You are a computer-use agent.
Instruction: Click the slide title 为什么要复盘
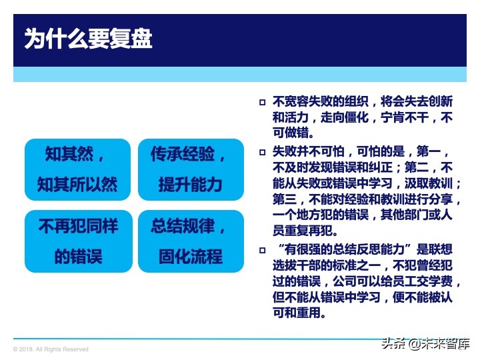pyautogui.click(x=89, y=38)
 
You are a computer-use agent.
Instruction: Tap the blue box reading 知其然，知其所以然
pyautogui.click(x=77, y=169)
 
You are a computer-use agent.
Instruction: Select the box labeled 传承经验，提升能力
pyautogui.click(x=190, y=169)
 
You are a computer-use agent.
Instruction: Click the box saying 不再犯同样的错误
pyautogui.click(x=77, y=241)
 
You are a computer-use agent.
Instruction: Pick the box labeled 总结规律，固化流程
pyautogui.click(x=190, y=241)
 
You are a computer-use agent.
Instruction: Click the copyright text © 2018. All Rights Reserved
pyautogui.click(x=51, y=349)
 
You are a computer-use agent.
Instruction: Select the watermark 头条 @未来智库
pyautogui.click(x=425, y=344)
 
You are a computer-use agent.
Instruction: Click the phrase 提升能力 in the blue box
pyautogui.click(x=190, y=185)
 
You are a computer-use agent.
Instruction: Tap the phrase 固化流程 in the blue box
pyautogui.click(x=190, y=256)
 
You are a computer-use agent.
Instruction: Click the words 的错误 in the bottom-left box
pyautogui.click(x=77, y=256)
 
